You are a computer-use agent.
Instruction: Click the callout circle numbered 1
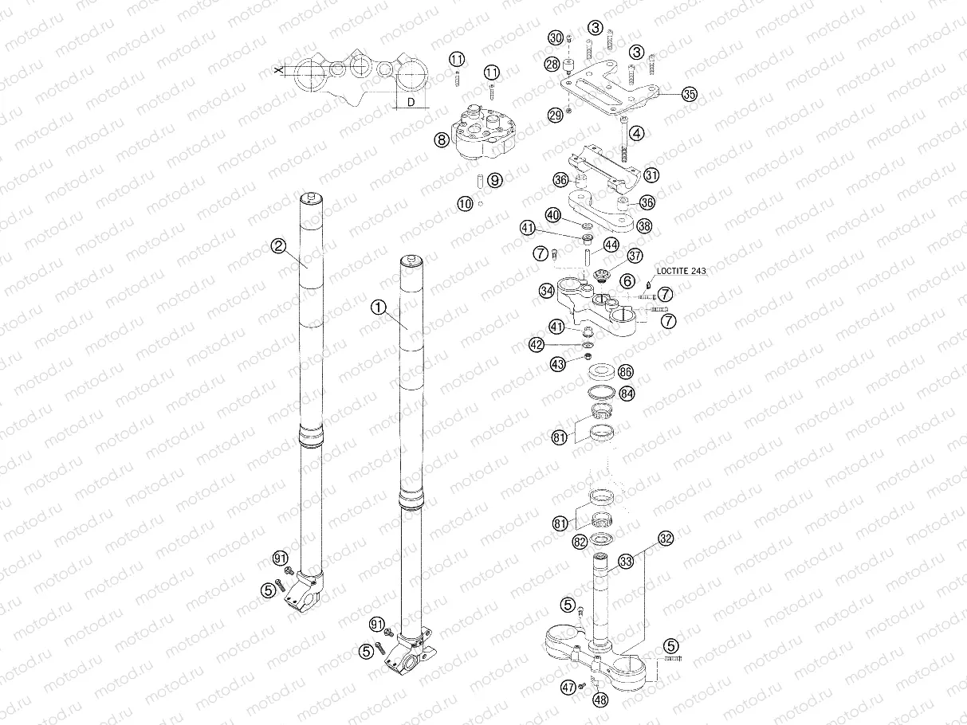point(379,306)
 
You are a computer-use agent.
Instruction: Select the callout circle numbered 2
point(277,246)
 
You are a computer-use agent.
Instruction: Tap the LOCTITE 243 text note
point(681,271)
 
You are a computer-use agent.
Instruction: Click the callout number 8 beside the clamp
point(441,139)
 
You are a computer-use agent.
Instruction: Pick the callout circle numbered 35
point(689,94)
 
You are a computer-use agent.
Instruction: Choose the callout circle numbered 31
point(651,174)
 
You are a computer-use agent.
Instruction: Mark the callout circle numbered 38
point(644,225)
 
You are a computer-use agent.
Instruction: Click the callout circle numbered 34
point(546,291)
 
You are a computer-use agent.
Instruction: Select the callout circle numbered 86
point(626,372)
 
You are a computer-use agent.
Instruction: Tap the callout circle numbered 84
point(627,393)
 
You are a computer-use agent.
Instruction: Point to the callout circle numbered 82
point(580,542)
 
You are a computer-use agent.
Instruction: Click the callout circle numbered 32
point(666,538)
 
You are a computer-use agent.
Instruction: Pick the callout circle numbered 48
point(599,700)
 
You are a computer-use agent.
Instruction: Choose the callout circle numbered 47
point(568,686)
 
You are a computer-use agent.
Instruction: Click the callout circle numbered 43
point(558,364)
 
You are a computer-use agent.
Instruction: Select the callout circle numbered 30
point(556,38)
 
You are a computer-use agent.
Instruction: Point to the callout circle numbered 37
point(635,256)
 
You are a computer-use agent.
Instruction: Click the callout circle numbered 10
point(466,204)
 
